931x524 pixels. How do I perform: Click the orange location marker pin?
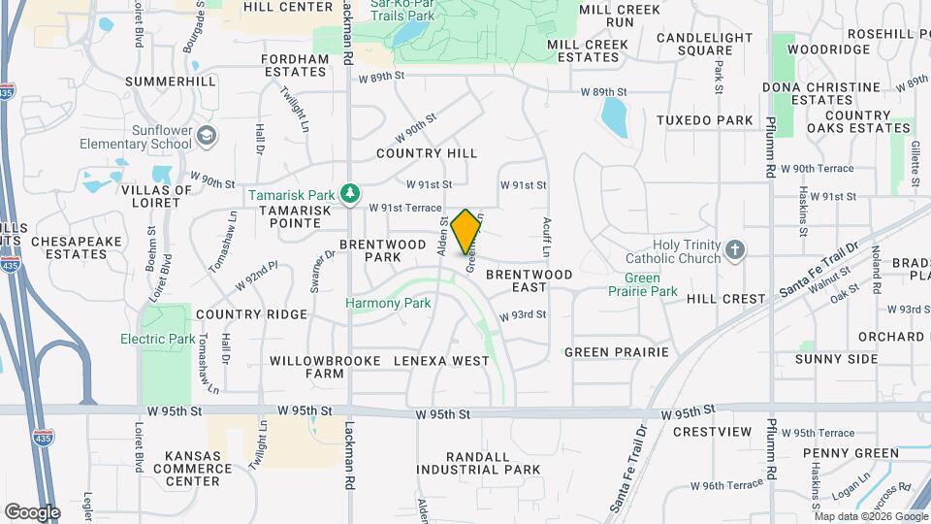pyautogui.click(x=466, y=231)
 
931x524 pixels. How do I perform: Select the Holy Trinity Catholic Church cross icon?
pyautogui.click(x=735, y=250)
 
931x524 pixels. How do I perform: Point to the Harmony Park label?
pyautogui.click(x=388, y=304)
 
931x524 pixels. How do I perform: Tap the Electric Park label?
pyautogui.click(x=157, y=340)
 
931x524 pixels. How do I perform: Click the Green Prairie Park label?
pyautogui.click(x=642, y=284)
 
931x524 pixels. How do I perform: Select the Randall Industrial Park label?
pyautogui.click(x=477, y=463)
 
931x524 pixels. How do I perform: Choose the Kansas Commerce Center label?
pyautogui.click(x=192, y=468)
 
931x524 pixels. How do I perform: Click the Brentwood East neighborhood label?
pyautogui.click(x=530, y=281)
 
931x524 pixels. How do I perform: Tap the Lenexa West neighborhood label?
pyautogui.click(x=442, y=361)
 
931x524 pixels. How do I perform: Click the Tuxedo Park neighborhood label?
pyautogui.click(x=704, y=120)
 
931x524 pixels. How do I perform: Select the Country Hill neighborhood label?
pyautogui.click(x=427, y=153)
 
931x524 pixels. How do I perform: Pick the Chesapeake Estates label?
pyautogui.click(x=69, y=247)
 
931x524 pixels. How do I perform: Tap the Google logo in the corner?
pyautogui.click(x=32, y=511)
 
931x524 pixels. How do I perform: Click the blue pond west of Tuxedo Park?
pyautogui.click(x=614, y=118)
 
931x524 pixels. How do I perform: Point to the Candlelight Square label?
pyautogui.click(x=704, y=44)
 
